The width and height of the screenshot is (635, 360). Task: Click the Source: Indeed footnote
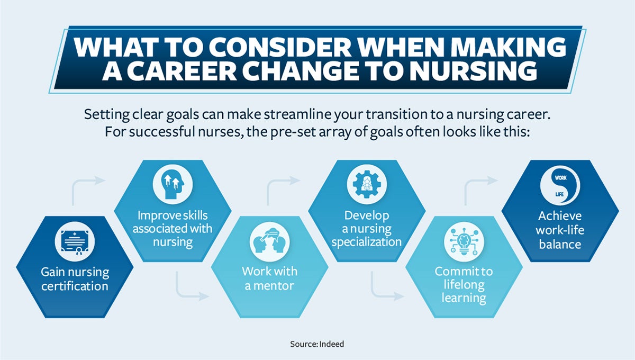point(317,344)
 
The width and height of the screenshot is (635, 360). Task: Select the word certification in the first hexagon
point(75,286)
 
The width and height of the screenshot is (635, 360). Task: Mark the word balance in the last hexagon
point(560,244)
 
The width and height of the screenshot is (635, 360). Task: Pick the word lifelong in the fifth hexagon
point(464,285)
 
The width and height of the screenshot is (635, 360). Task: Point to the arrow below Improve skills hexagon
point(188,289)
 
